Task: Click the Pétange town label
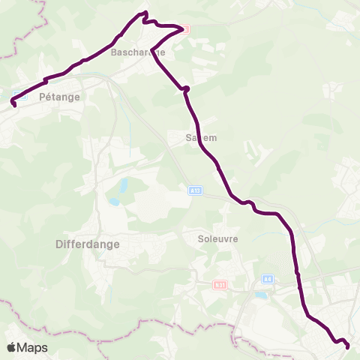click(60, 97)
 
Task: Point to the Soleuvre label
click(217, 239)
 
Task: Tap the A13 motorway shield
click(194, 192)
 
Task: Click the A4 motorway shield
click(267, 280)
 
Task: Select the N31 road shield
click(220, 285)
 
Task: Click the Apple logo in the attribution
click(12, 347)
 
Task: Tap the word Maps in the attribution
click(33, 347)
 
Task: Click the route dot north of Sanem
click(186, 89)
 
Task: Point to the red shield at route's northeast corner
click(185, 28)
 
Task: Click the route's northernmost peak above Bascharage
click(144, 13)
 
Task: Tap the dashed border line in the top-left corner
click(15, 45)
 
